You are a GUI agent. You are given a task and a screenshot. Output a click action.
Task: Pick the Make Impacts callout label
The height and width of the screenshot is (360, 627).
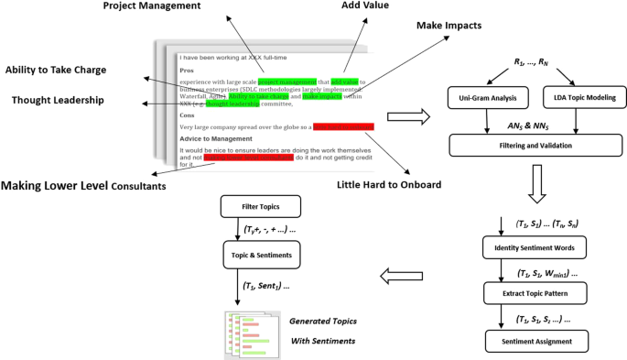click(x=449, y=25)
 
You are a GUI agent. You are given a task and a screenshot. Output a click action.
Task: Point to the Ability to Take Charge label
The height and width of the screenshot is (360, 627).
click(x=68, y=70)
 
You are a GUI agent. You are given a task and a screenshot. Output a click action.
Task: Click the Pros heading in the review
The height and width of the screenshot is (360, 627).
click(x=188, y=70)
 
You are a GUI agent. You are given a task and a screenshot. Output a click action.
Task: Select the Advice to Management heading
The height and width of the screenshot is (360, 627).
click(x=220, y=138)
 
